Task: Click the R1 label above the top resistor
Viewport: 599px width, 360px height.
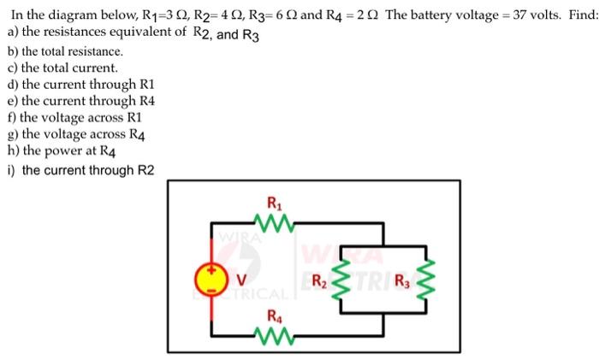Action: point(273,204)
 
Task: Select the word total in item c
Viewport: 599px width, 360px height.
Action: point(61,68)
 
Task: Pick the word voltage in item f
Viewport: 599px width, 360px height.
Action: point(67,117)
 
